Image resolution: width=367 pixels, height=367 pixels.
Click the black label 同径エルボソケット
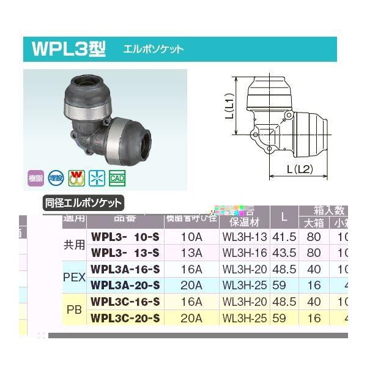[x=83, y=203]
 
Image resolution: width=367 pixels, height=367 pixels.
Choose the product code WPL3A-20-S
[x=125, y=284]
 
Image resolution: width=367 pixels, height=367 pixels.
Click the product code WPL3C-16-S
[x=125, y=302]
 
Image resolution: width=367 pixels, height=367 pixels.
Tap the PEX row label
[x=74, y=276]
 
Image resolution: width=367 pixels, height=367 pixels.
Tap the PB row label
[x=74, y=310]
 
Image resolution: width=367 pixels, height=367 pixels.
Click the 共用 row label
[x=74, y=244]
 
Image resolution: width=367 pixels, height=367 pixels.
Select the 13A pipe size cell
[x=189, y=253]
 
